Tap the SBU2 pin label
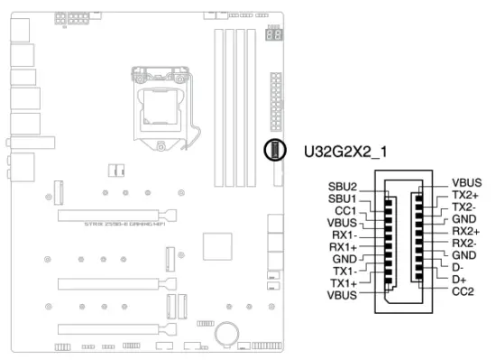[x=343, y=185]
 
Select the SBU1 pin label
[x=343, y=198]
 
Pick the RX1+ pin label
[x=344, y=246]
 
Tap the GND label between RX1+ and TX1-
[x=344, y=258]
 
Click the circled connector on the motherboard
[x=273, y=150]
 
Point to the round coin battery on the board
[x=225, y=334]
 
